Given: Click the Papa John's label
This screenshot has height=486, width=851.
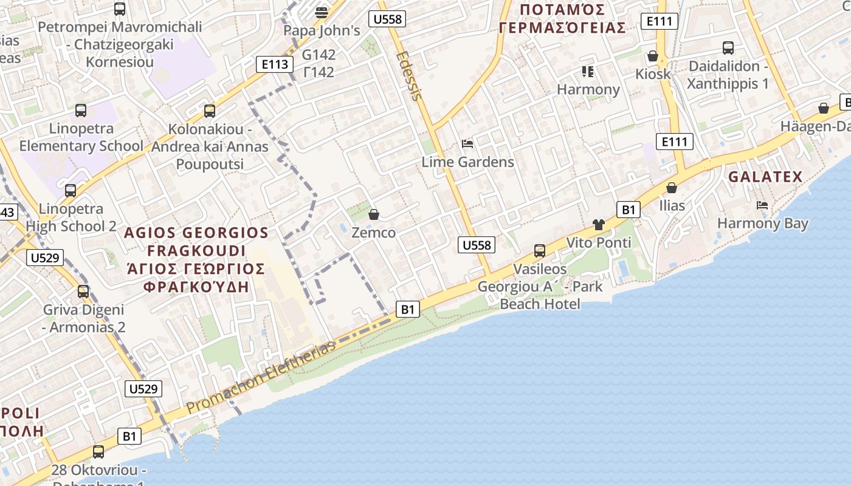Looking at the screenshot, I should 322,30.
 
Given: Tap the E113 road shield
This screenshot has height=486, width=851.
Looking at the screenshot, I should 275,64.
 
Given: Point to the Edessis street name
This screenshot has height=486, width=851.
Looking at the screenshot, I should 408,75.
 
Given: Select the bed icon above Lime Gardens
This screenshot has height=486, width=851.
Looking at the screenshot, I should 467,144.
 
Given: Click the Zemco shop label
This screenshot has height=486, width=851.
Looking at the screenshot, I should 373,233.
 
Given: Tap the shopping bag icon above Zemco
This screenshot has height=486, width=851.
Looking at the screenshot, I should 374,214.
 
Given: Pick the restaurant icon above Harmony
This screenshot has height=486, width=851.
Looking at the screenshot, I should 587,72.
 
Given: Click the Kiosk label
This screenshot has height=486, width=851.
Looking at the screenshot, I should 653,74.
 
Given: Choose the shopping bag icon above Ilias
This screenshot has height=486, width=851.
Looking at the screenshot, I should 672,188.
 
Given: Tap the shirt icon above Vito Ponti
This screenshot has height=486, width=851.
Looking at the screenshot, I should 599,225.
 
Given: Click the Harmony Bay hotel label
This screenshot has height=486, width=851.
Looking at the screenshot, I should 762,223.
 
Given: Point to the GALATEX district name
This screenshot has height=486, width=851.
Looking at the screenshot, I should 765,177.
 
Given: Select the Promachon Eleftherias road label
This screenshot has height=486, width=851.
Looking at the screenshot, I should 261,377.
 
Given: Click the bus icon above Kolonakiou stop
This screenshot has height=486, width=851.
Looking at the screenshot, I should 210,111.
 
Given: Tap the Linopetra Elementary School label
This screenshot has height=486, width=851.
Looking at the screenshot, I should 81,137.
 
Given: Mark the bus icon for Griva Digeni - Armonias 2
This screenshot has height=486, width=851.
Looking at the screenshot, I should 83,292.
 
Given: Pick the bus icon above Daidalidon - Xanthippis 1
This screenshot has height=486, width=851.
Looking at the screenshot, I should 728,48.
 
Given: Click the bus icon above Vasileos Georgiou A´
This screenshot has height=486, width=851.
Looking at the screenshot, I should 539,250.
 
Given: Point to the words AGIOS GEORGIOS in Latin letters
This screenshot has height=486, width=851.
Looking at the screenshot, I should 196,233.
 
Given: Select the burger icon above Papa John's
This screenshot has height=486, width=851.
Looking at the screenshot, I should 322,12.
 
